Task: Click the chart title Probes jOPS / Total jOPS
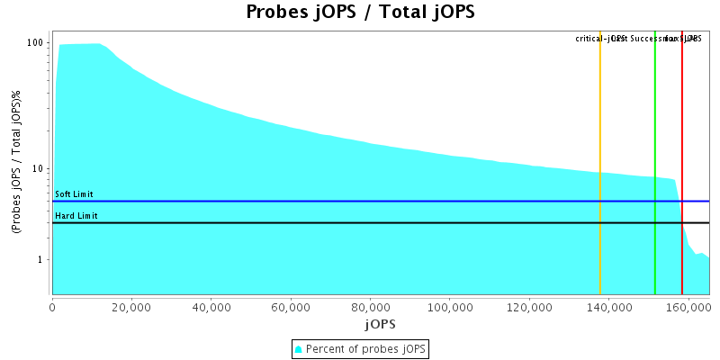[360, 13]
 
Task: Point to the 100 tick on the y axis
[36, 43]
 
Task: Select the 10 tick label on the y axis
[39, 169]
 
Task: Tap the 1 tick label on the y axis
[41, 260]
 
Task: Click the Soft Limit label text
[74, 194]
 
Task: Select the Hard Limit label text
[76, 216]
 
